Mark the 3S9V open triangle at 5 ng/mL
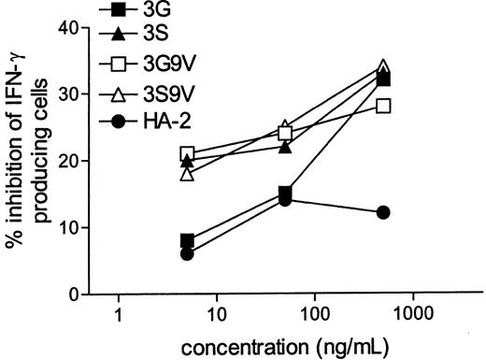188,173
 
